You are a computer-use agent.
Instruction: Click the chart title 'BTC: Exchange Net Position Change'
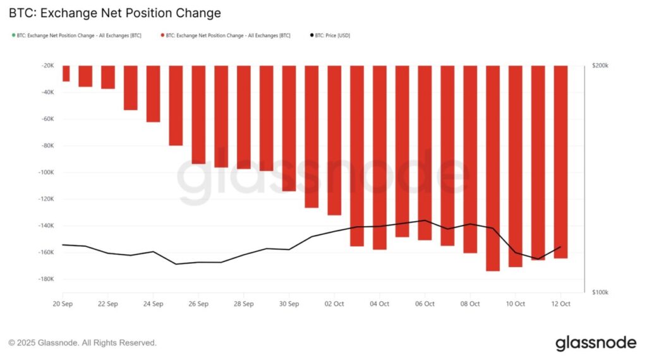(114, 13)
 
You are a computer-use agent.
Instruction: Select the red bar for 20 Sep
(66, 73)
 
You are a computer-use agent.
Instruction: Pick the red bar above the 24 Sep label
(153, 93)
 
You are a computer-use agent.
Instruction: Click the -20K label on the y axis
(46, 66)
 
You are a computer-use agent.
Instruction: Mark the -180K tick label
(44, 279)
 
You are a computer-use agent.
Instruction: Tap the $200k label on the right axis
(600, 66)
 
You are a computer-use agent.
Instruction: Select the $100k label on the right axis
(600, 292)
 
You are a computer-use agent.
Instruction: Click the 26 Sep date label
(198, 304)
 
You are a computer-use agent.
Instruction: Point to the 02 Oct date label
(334, 304)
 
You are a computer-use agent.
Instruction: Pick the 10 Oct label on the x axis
(516, 304)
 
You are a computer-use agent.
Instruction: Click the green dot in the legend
(13, 35)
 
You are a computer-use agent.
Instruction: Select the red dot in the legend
(162, 35)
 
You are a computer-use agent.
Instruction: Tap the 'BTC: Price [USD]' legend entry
(332, 35)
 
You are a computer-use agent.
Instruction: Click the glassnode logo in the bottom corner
(596, 343)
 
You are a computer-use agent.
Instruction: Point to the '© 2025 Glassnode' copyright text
(82, 343)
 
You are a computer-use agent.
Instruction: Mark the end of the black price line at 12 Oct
(560, 247)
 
